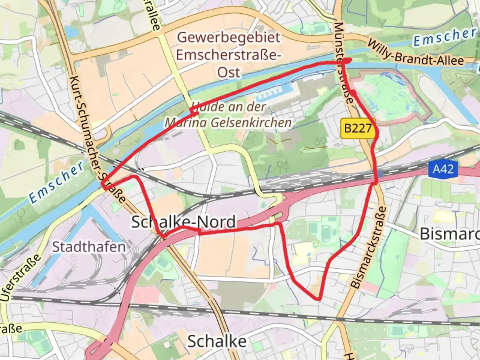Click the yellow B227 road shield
[x=358, y=128]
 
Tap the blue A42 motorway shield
[x=443, y=169]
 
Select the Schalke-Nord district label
[x=183, y=222]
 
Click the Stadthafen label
[x=89, y=247]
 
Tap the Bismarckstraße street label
[x=369, y=247]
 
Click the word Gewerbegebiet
[x=228, y=37]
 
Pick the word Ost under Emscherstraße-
[x=229, y=72]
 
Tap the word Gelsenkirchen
[x=251, y=123]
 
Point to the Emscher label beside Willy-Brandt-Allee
[x=445, y=37]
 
